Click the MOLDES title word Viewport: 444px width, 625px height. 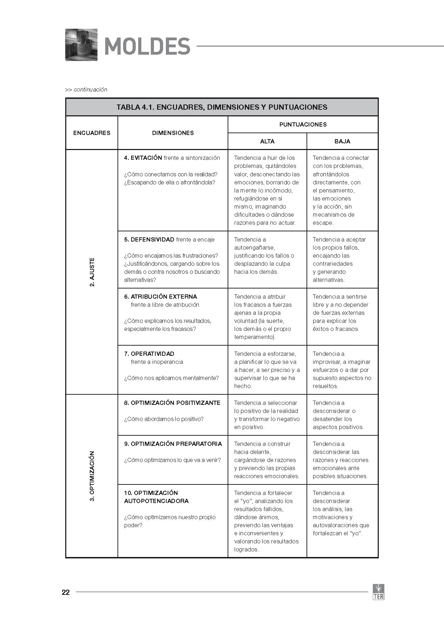[x=147, y=46]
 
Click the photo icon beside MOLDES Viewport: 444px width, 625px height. [x=81, y=45]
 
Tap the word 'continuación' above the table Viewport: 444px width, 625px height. [x=90, y=89]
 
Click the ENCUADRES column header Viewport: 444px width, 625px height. [x=92, y=133]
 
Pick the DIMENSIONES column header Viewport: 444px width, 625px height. [x=173, y=133]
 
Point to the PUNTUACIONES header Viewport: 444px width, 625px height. [x=303, y=124]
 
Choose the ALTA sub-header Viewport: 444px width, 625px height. [x=267, y=141]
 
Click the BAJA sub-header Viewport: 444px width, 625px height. [x=342, y=141]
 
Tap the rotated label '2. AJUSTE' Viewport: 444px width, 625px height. [x=92, y=272]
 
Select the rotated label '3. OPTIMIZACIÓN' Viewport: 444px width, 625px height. [x=92, y=476]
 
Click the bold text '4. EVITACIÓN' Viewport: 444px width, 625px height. [x=143, y=158]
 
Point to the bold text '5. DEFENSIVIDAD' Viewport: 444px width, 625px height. [x=149, y=239]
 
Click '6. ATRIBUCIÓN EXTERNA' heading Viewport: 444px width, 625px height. [x=161, y=297]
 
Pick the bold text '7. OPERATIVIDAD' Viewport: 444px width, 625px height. [x=149, y=354]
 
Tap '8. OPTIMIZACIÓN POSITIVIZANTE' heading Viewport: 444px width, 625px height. [x=172, y=403]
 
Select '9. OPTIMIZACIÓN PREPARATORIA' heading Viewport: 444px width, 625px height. [x=173, y=444]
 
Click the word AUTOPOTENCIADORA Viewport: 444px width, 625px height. [x=156, y=501]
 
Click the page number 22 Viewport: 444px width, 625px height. [x=66, y=592]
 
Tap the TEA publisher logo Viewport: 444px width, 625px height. [x=378, y=592]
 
